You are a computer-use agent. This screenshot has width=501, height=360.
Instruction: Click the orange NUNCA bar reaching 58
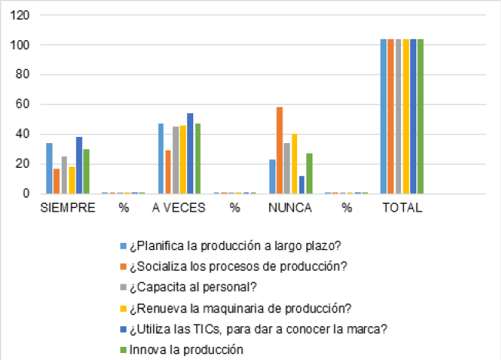point(279,150)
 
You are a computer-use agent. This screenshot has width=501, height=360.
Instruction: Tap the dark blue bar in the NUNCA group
point(302,185)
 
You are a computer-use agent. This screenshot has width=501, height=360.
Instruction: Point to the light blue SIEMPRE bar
point(49,168)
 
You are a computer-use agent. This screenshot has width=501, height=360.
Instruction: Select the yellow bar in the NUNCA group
point(294,164)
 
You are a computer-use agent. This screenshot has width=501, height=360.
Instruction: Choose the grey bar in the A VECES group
point(175,160)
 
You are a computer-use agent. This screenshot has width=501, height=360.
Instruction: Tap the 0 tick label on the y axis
point(28,194)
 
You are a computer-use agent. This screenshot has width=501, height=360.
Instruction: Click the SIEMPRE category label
point(68,208)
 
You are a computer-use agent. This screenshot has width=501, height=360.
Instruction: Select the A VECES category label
point(178,208)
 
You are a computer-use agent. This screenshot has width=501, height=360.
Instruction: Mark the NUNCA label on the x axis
point(289,208)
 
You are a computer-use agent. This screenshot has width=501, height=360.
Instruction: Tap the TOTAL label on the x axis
point(402,208)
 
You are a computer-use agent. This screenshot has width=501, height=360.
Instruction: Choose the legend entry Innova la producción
point(188,349)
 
